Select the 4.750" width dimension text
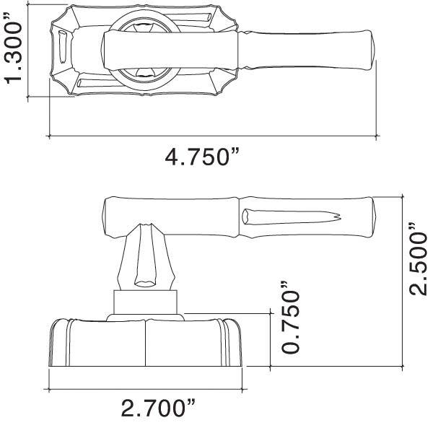pyautogui.click(x=202, y=157)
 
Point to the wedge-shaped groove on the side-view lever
pyautogui.click(x=289, y=217)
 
